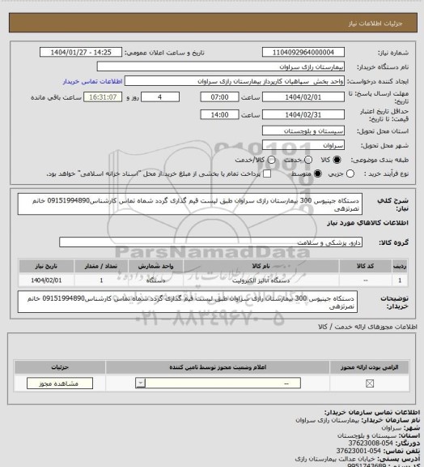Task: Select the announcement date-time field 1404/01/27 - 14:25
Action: point(81,52)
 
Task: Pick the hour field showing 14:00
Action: point(216,114)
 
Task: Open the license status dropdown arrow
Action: point(142,383)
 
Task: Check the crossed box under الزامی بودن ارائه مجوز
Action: point(370,383)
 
